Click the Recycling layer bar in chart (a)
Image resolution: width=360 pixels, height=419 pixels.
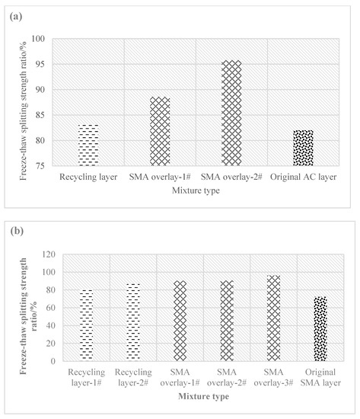tap(88, 145)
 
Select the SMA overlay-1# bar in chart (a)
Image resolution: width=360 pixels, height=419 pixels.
tap(160, 131)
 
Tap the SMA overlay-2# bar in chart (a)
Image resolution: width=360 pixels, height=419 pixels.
tap(231, 113)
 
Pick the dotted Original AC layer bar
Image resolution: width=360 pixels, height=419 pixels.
tap(303, 148)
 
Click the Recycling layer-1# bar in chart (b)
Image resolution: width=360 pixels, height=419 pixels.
tap(86, 325)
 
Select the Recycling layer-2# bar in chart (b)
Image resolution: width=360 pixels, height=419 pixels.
tap(133, 322)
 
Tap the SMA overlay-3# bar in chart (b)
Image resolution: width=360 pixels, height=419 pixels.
tap(274, 318)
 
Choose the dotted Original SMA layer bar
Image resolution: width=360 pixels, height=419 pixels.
tap(320, 328)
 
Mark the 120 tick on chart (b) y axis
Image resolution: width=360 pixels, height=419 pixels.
tap(49, 254)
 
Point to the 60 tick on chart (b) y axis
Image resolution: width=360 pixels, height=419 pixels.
tap(51, 308)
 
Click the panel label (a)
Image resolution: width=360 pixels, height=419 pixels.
tap(16, 17)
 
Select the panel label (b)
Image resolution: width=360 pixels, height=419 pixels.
tap(17, 231)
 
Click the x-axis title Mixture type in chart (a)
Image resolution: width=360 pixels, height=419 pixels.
tap(196, 190)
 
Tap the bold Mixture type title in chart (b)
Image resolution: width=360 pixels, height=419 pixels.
tap(203, 396)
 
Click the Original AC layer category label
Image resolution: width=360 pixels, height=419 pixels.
tap(303, 178)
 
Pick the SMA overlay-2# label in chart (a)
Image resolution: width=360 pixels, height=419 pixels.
tap(231, 177)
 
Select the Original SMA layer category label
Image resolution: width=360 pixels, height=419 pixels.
tap(320, 377)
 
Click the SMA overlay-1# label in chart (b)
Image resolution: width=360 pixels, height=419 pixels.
tap(180, 377)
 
